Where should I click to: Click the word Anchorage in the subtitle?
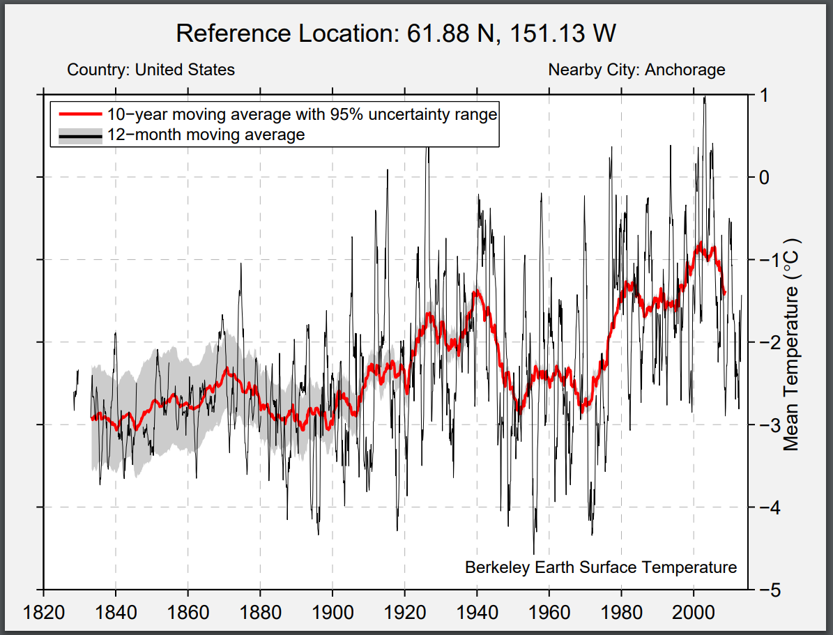685,70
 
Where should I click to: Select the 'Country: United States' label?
151,70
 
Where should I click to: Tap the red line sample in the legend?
80,114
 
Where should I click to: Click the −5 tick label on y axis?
765,590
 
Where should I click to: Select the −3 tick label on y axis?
765,424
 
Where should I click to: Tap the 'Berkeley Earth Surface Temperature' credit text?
600,567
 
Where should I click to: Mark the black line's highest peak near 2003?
705,98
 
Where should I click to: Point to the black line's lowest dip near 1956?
534,553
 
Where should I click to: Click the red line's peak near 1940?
477,292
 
